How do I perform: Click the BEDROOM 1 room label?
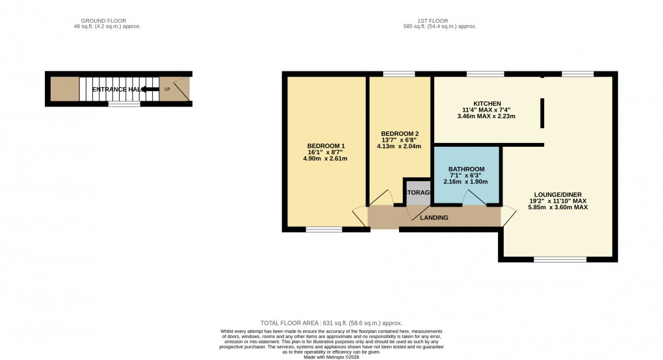(x=326, y=145)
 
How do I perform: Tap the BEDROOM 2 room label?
(x=398, y=133)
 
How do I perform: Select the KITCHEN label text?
(x=487, y=104)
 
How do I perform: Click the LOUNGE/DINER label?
(x=558, y=194)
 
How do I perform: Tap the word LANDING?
(x=434, y=217)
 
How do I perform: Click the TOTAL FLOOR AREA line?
(x=331, y=323)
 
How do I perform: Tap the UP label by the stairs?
(x=167, y=89)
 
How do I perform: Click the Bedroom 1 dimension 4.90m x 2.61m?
(x=326, y=159)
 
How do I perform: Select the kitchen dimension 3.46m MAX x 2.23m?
(x=487, y=117)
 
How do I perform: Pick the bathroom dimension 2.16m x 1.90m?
(x=467, y=182)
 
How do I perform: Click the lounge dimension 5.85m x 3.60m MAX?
(x=558, y=207)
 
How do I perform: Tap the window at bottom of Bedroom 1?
(x=324, y=229)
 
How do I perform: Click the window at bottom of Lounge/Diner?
(x=552, y=259)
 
